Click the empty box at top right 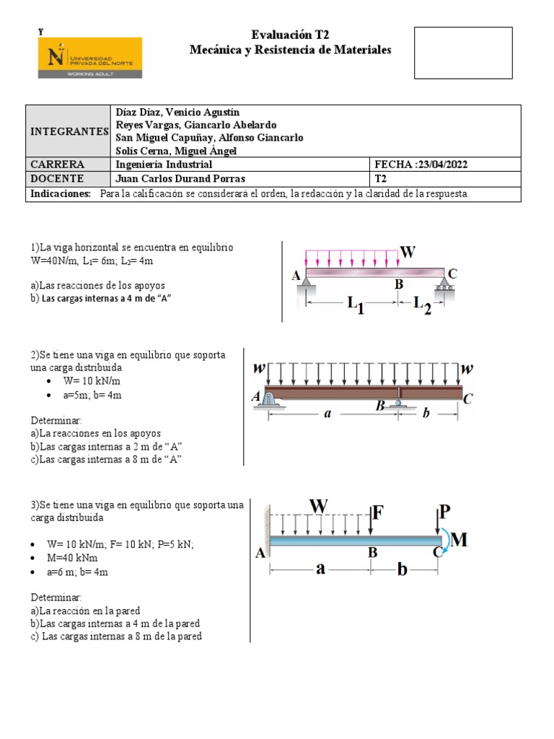tap(462, 53)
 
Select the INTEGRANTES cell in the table tap(69, 131)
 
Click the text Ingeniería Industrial tap(164, 165)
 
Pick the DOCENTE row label tap(57, 178)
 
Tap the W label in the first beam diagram tap(408, 253)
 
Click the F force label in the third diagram tap(378, 512)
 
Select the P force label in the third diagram tap(445, 512)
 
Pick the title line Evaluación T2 tap(290, 35)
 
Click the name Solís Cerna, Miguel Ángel tap(176, 150)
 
